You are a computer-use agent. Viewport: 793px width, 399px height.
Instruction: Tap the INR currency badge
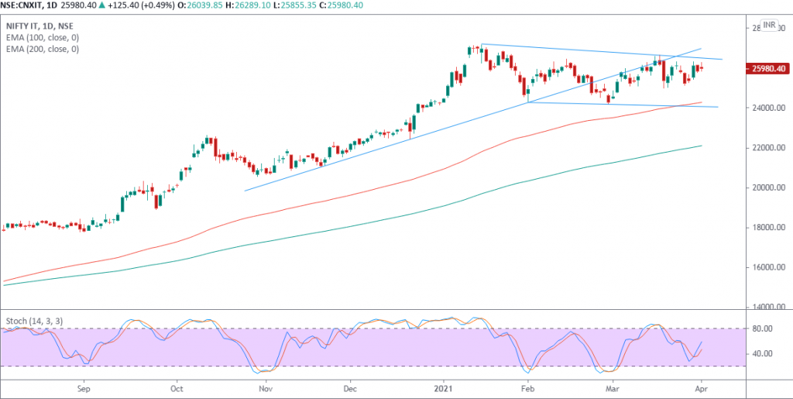[769, 25]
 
